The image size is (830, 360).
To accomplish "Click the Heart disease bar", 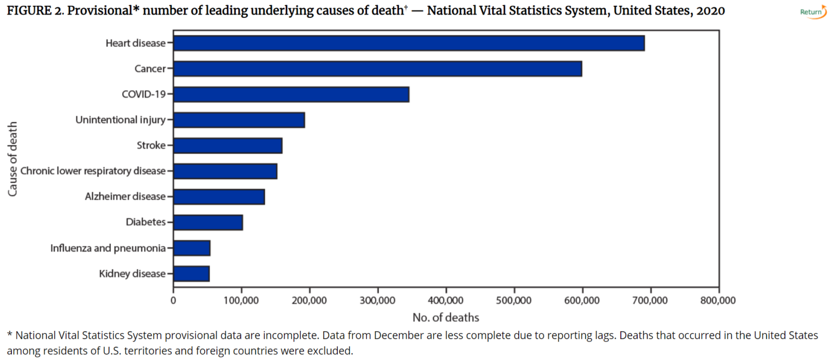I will [x=409, y=43].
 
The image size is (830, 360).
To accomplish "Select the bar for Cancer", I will [x=377, y=69].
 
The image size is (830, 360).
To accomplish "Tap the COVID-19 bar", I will [x=291, y=94].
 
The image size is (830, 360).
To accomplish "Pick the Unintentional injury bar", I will [x=239, y=120].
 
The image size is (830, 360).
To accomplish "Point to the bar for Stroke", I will [x=227, y=145].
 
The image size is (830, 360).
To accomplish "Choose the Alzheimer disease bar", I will [x=219, y=197].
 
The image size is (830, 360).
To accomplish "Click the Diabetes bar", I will [x=208, y=222].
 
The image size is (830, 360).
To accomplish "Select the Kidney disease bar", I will [x=191, y=274].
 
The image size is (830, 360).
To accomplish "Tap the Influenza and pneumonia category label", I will [x=108, y=248].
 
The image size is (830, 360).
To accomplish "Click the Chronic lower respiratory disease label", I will [x=92, y=171].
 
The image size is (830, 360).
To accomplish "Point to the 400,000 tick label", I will [x=446, y=301].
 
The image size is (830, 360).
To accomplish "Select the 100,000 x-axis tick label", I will [x=241, y=301].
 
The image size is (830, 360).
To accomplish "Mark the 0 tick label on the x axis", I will [x=173, y=301].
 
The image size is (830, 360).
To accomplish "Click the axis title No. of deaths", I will [x=445, y=317].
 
